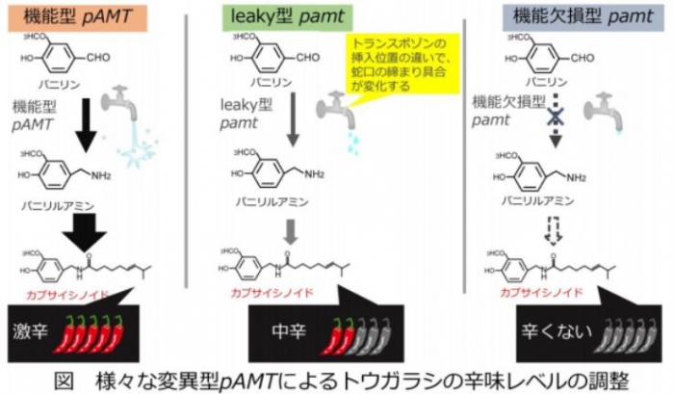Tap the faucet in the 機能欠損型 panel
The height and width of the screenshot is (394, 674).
pos(599,108)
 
